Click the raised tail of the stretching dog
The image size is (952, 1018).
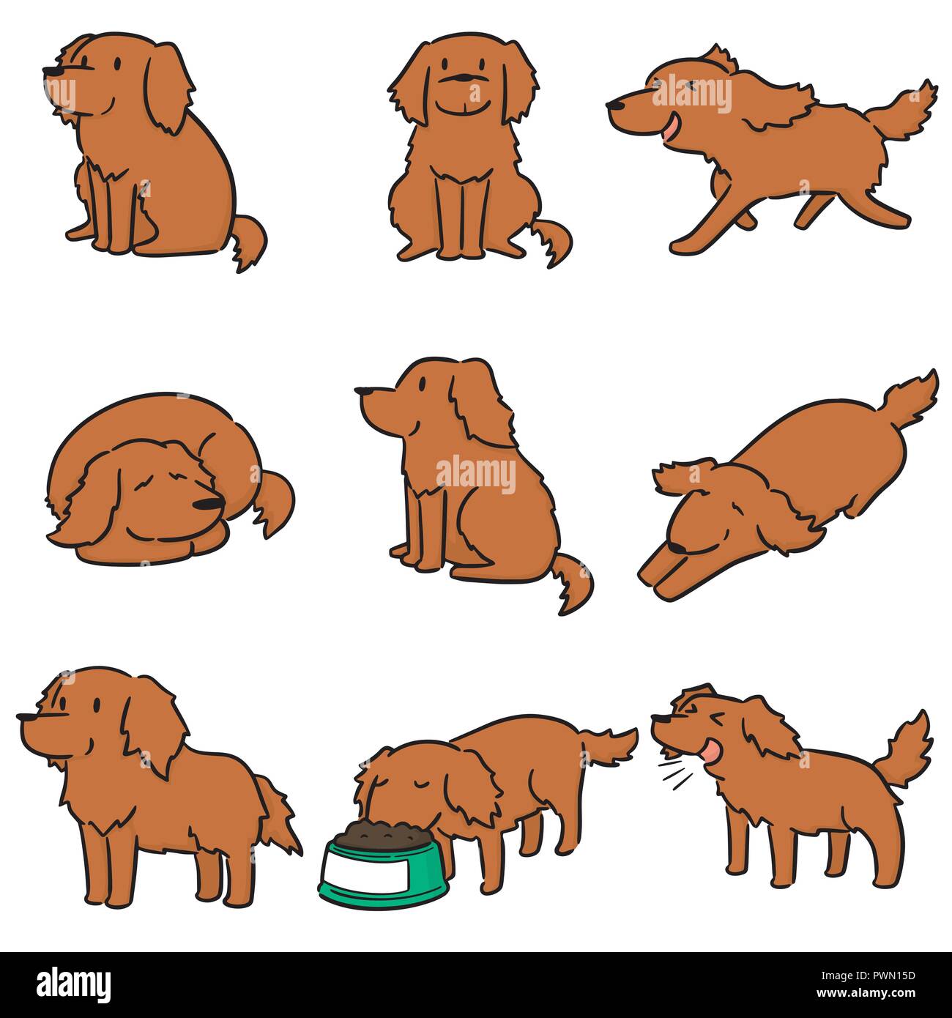[912, 399]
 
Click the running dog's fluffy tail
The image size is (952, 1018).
[908, 110]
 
